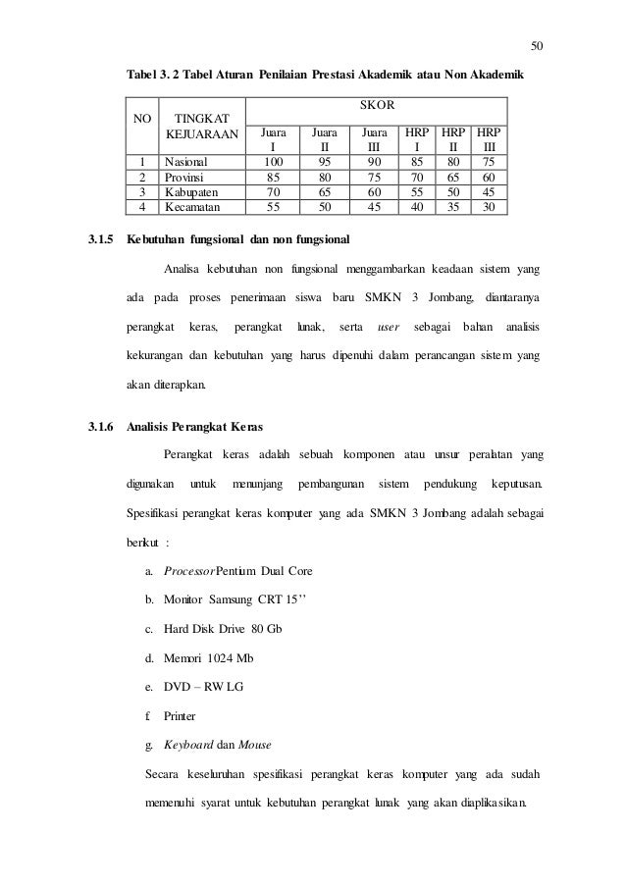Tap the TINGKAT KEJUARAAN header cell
200,126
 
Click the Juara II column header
323,138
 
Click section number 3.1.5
96,239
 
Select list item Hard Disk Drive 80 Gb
211,626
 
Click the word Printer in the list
180,716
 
